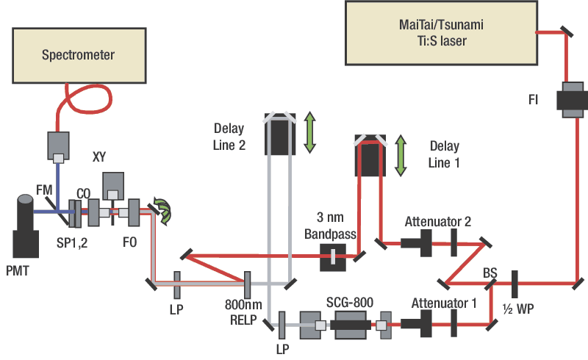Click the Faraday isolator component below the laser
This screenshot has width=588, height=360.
click(569, 98)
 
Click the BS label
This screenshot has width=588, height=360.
click(490, 273)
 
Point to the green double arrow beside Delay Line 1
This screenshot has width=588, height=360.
click(401, 155)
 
